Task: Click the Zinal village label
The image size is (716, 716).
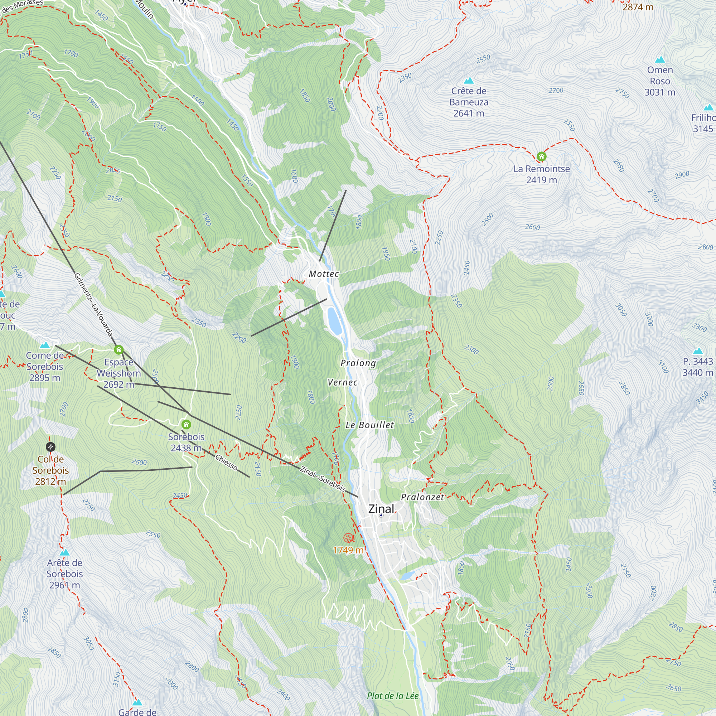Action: (381, 509)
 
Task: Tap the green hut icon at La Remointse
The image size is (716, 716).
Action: (541, 156)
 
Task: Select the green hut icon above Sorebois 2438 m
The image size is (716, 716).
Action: (186, 424)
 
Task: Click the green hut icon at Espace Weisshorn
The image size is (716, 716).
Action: (118, 349)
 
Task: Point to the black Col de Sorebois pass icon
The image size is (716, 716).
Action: (50, 447)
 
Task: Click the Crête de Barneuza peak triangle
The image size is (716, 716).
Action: (469, 81)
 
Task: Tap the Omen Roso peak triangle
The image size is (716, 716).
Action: (660, 60)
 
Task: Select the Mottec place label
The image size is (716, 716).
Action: (324, 274)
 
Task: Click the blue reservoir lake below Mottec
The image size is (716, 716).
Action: (334, 321)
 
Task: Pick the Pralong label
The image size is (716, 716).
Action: (358, 363)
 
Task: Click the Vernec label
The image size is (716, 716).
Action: (343, 382)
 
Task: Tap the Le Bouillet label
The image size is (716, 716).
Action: (369, 425)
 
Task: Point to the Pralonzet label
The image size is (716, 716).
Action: (422, 497)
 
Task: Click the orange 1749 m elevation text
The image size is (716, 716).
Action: (348, 550)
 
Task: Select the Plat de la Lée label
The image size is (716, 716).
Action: (393, 696)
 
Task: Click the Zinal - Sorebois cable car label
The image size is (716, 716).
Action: (323, 479)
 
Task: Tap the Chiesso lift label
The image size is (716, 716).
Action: (227, 462)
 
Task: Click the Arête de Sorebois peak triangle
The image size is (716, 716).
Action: (64, 552)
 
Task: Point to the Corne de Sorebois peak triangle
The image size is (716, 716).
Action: (45, 345)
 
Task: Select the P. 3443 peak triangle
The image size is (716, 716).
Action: (698, 351)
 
